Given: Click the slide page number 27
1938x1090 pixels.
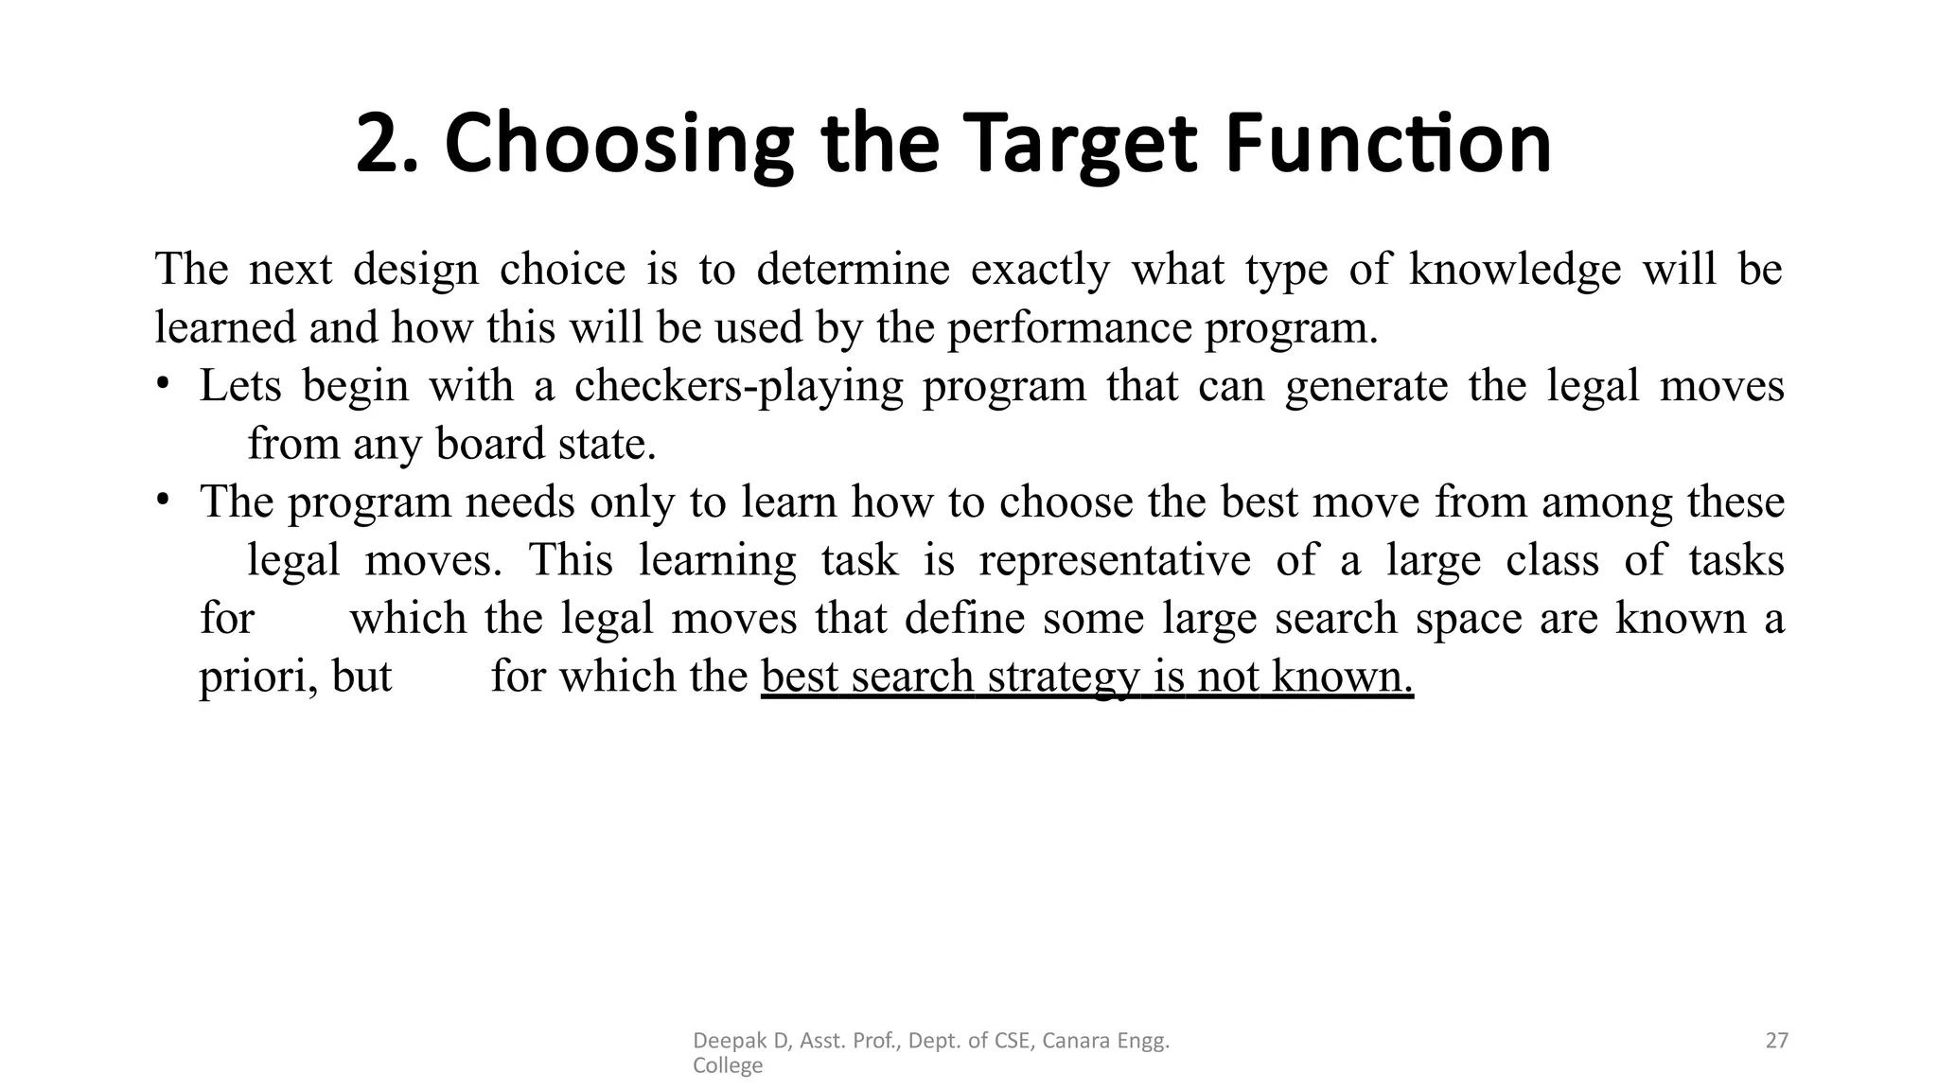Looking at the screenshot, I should point(1776,1041).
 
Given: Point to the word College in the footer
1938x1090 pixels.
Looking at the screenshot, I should point(727,1066).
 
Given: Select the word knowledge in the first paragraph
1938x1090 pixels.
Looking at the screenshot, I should point(1514,270).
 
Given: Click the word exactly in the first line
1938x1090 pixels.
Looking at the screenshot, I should point(1039,270).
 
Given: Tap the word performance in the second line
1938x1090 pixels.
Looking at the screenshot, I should point(1072,328).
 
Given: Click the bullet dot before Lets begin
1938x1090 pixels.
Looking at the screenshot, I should point(164,383).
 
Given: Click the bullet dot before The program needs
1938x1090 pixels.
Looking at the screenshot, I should point(164,499).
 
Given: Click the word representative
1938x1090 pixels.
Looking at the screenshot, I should point(1114,560).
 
